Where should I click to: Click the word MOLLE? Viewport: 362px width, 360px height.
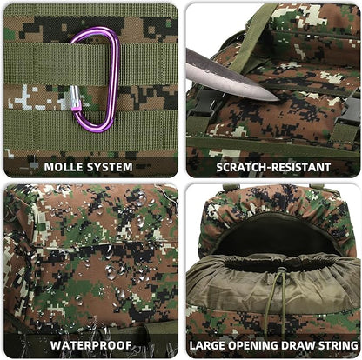point(63,167)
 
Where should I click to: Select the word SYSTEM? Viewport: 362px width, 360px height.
point(110,167)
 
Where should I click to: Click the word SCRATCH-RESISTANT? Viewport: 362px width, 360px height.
point(273,167)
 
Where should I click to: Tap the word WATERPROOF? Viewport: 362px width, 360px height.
point(91,345)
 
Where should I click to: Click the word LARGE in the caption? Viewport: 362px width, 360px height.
point(207,345)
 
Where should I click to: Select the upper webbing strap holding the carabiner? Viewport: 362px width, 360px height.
point(90,63)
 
